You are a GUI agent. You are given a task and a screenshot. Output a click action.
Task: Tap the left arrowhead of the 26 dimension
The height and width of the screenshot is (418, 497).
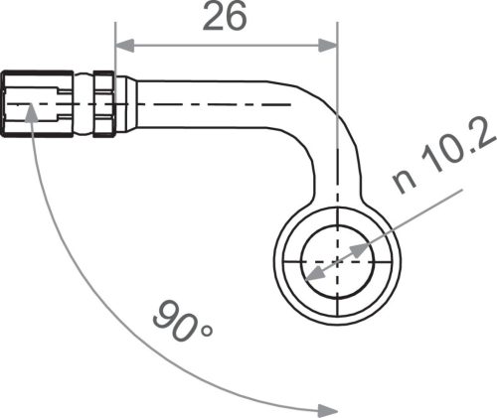[x=122, y=43]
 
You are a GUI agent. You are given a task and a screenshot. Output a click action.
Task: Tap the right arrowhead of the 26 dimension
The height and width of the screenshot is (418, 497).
[x=330, y=43]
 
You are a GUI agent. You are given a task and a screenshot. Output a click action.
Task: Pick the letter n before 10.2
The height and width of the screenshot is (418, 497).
[x=404, y=182]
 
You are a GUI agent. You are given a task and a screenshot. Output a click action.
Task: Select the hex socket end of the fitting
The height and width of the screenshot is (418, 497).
[x=37, y=102]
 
